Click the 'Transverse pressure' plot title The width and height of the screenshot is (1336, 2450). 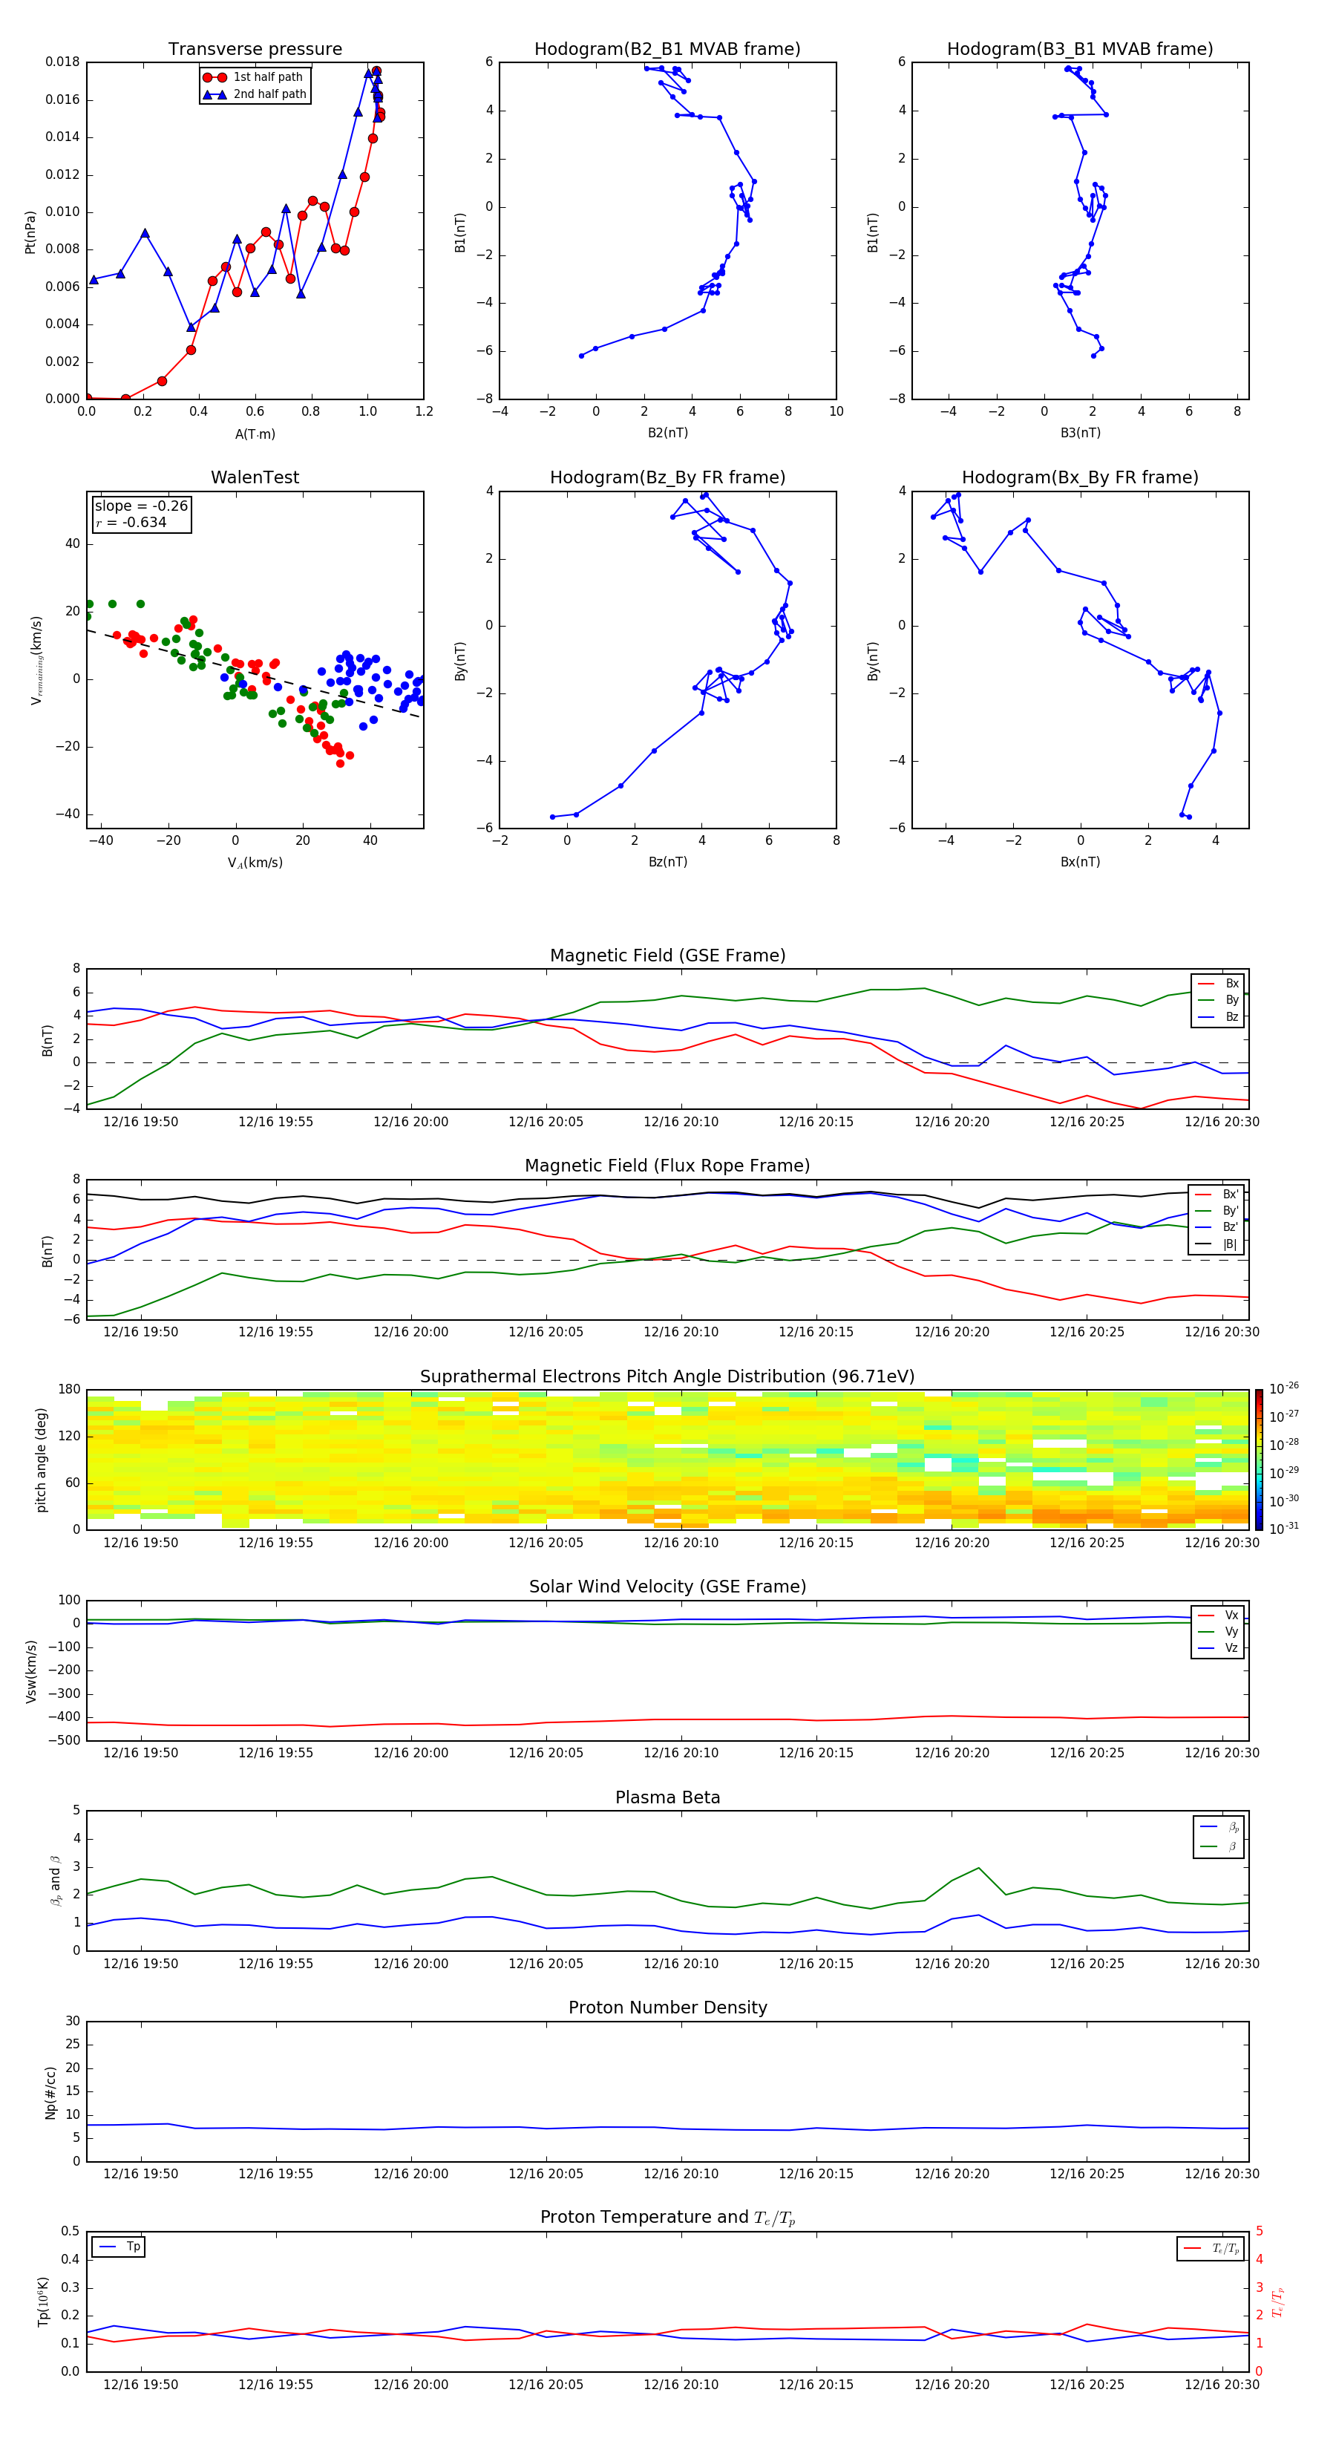255,50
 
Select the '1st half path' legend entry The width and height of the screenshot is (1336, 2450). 267,77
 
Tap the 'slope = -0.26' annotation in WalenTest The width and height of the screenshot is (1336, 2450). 141,506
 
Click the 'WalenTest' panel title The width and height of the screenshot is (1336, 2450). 255,477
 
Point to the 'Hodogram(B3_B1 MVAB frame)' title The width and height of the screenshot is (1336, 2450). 1079,50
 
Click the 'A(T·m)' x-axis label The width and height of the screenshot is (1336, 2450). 255,434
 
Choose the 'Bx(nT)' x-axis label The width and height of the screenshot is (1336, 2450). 1080,862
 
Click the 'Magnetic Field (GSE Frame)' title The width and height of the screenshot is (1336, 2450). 667,955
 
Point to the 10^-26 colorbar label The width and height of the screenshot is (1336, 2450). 1284,1388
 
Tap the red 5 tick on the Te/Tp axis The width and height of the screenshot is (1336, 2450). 1259,2231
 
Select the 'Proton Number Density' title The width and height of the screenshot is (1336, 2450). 667,2008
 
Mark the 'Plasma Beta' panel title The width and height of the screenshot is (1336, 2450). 667,1797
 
